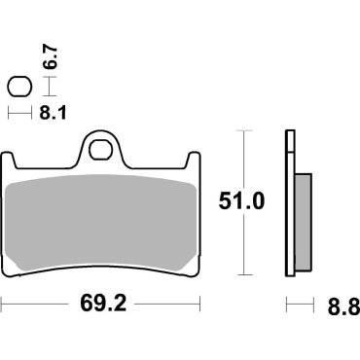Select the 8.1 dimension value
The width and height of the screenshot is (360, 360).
pyautogui.click(x=46, y=113)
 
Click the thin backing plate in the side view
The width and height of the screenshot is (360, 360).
pyautogui.click(x=289, y=204)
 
